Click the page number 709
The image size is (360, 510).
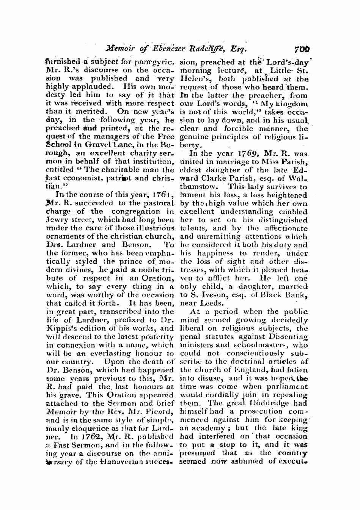click(x=301, y=48)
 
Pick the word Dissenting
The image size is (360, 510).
click(x=289, y=336)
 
